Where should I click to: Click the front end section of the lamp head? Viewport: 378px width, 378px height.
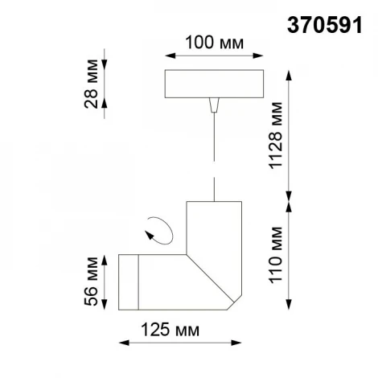pyautogui.click(x=129, y=283)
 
